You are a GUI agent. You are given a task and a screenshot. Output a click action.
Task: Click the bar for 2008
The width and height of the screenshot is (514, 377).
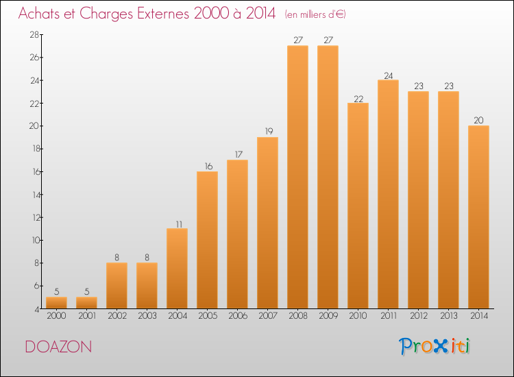tap(297, 177)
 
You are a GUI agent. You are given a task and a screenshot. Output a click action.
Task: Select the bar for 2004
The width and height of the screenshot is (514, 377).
tap(177, 269)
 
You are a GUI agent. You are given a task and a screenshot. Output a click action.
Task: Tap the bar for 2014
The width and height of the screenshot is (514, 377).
tap(478, 217)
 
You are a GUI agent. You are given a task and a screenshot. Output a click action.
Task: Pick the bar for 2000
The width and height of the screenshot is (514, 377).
tap(56, 303)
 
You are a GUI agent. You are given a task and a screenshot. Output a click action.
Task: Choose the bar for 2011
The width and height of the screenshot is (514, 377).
tap(388, 195)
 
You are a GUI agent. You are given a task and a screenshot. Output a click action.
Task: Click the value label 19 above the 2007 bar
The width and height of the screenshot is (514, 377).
tap(269, 131)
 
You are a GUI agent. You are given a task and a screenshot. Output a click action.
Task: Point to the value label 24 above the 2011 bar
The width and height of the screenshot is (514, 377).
tap(388, 75)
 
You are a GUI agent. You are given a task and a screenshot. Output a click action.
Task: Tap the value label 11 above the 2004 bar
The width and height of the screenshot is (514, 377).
tap(179, 224)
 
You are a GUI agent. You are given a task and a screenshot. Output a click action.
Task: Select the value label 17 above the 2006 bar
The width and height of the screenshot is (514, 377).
tap(238, 154)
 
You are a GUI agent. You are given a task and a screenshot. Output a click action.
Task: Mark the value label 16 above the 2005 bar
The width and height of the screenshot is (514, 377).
tap(208, 166)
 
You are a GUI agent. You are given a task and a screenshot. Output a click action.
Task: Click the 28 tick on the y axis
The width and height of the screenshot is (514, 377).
tap(34, 34)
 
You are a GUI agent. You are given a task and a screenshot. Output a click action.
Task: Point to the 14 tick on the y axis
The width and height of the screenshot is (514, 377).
tap(36, 195)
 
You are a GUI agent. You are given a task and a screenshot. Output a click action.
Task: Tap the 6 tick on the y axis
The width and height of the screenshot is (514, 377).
tap(37, 286)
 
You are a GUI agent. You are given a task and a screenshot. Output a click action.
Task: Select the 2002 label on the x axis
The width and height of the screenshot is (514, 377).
tap(117, 316)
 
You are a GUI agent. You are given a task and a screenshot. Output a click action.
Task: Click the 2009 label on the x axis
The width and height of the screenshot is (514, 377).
tap(328, 316)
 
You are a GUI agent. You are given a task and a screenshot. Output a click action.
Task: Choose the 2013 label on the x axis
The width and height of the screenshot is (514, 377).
tap(449, 316)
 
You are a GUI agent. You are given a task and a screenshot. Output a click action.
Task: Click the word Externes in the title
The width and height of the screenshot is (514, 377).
tap(163, 14)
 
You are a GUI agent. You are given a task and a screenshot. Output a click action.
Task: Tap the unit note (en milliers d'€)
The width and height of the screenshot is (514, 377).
tap(315, 14)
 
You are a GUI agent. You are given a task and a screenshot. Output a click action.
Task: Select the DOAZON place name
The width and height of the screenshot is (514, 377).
tap(58, 347)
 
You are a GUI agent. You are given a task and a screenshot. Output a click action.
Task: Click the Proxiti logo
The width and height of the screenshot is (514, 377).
tap(435, 346)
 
